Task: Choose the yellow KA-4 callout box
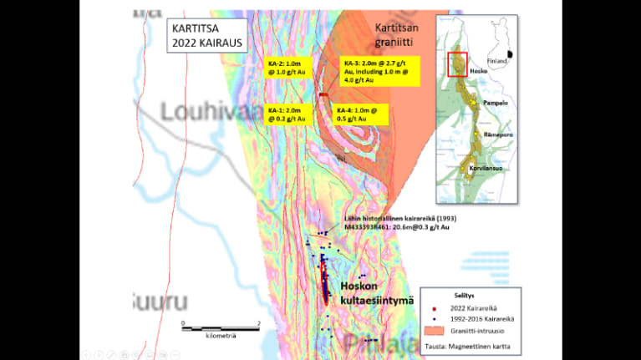tap(360, 114)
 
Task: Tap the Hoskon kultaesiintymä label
tap(377, 292)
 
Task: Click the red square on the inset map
tap(457, 63)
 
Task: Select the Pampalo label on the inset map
tap(496, 102)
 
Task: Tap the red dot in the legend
tap(435, 308)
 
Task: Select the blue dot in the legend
tap(435, 319)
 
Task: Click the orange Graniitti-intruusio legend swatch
tap(435, 330)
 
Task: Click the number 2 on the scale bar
tap(259, 322)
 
